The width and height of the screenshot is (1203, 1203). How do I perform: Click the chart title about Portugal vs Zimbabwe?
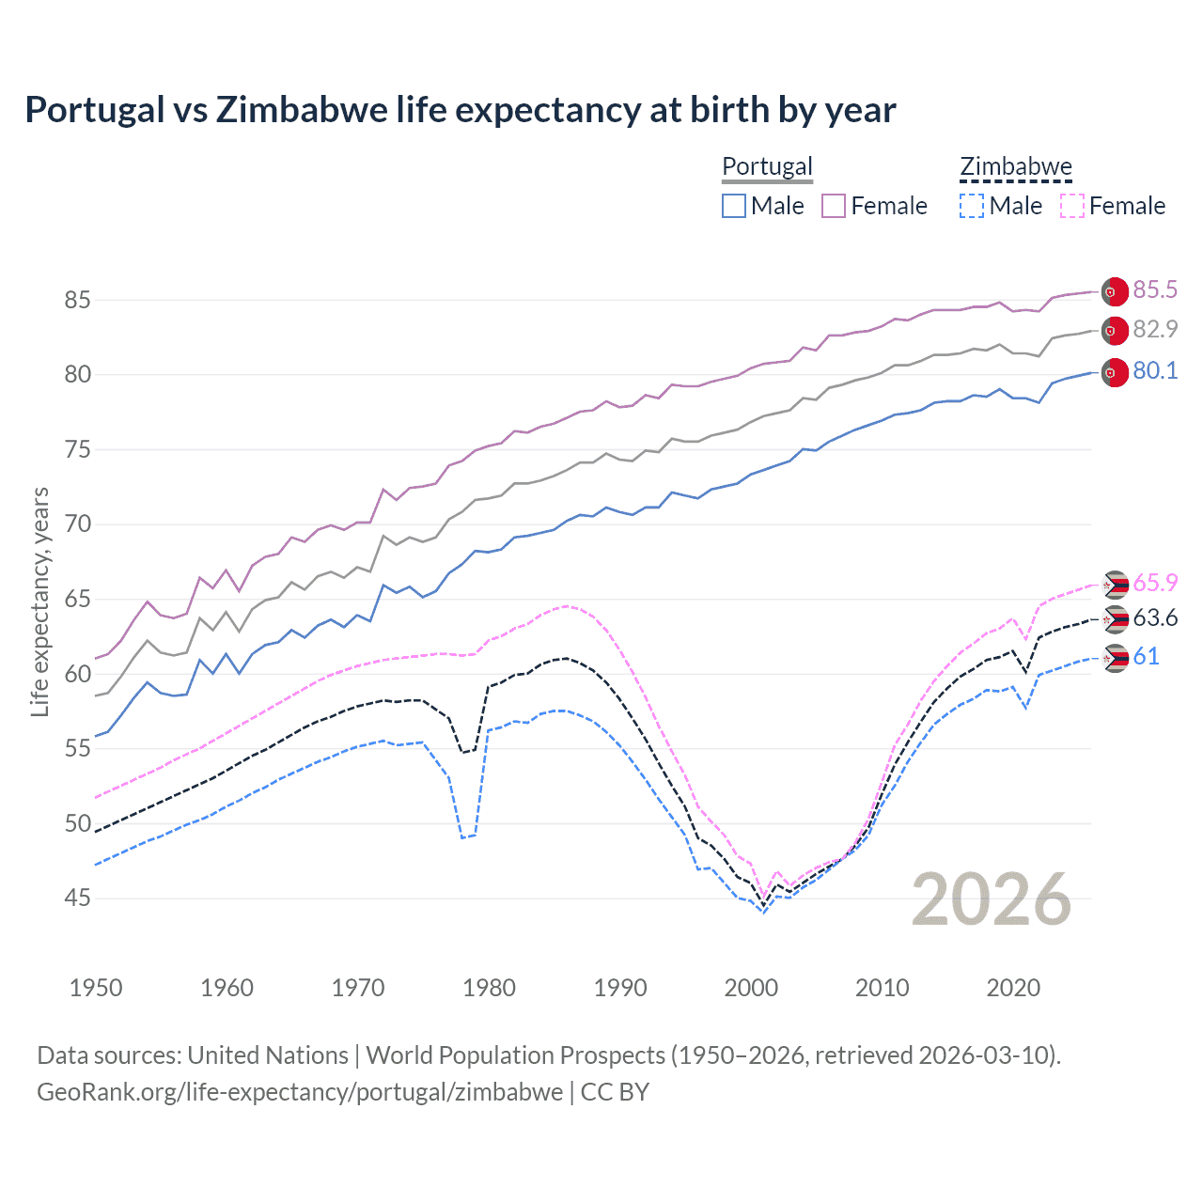tap(460, 110)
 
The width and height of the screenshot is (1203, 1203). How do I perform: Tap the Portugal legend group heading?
tap(767, 167)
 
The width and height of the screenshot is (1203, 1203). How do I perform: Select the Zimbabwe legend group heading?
tap(1015, 167)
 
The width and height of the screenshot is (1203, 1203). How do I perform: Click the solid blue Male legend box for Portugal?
tap(734, 206)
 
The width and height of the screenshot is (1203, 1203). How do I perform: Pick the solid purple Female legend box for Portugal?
tap(834, 206)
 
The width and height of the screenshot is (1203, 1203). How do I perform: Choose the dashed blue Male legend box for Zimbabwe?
tap(972, 206)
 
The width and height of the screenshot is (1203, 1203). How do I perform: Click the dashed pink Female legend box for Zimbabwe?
tap(1071, 206)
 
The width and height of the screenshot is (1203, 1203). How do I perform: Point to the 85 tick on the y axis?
tap(77, 301)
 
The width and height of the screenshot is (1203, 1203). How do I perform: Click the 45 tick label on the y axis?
tap(77, 898)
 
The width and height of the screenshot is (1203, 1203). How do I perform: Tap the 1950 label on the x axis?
tap(96, 988)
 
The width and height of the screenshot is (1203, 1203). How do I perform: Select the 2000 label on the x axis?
tap(751, 988)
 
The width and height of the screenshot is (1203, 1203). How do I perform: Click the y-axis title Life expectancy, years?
tap(39, 601)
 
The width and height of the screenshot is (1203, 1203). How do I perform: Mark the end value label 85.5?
tap(1155, 290)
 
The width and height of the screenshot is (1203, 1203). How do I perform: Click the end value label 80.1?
tap(1155, 371)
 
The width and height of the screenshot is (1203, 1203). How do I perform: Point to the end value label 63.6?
tap(1155, 618)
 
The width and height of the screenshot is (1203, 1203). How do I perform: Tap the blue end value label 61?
tap(1146, 657)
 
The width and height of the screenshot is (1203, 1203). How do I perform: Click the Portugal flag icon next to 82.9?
tap(1115, 331)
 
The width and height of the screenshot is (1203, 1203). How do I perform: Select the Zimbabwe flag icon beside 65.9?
tap(1115, 585)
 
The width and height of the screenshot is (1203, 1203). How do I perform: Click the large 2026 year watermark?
tap(991, 899)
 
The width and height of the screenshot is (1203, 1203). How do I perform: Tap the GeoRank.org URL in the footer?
tap(300, 1092)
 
